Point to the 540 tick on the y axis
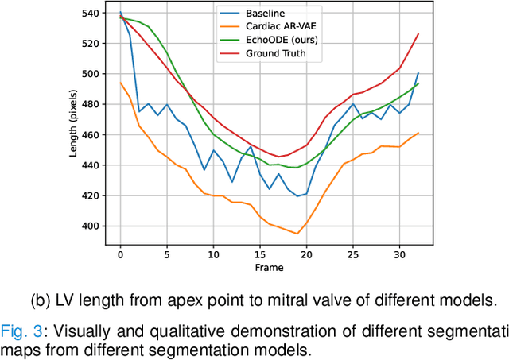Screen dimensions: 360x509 coord(92,14)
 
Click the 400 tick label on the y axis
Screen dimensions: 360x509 coord(92,226)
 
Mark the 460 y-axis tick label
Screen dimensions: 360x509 coord(92,135)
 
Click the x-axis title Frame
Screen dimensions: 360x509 coord(269,268)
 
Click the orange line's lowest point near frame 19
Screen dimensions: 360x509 coord(297,234)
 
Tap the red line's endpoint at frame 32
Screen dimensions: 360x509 coord(418,33)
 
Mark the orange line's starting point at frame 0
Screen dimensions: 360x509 coord(120,83)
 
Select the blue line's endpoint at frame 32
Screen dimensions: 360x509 coord(418,73)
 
